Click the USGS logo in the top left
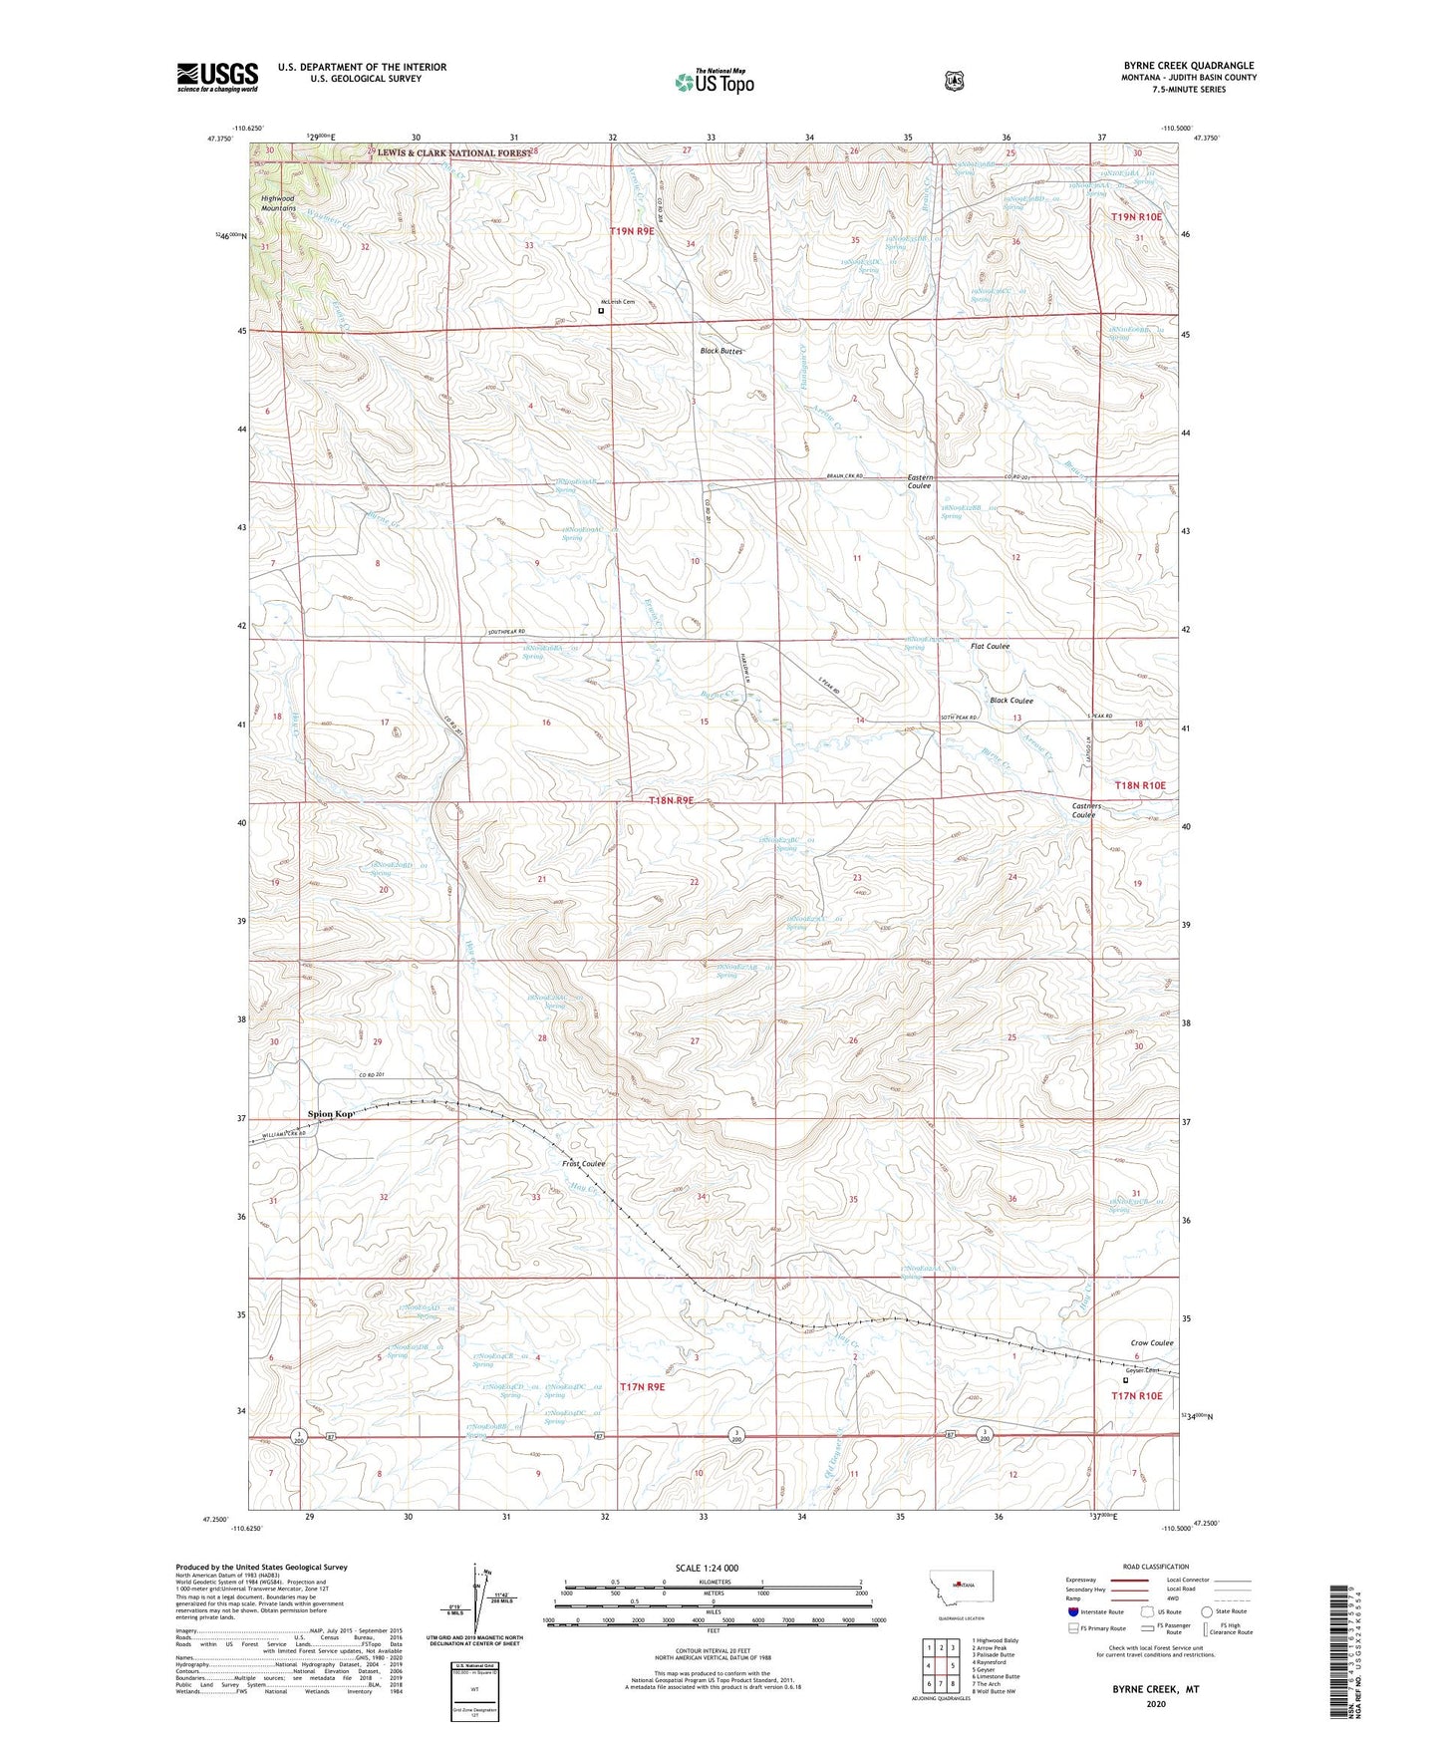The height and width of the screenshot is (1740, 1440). pos(217,77)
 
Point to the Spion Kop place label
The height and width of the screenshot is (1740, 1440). pos(331,1113)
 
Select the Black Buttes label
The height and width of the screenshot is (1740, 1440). pos(721,351)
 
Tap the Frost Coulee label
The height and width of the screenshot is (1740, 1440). pos(583,1163)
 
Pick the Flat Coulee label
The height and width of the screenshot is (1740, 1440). pos(990,646)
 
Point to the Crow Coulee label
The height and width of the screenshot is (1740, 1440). pos(1152,1342)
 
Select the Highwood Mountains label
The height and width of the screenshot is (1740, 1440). pos(279,203)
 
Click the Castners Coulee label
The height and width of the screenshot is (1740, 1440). pos(1084,810)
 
